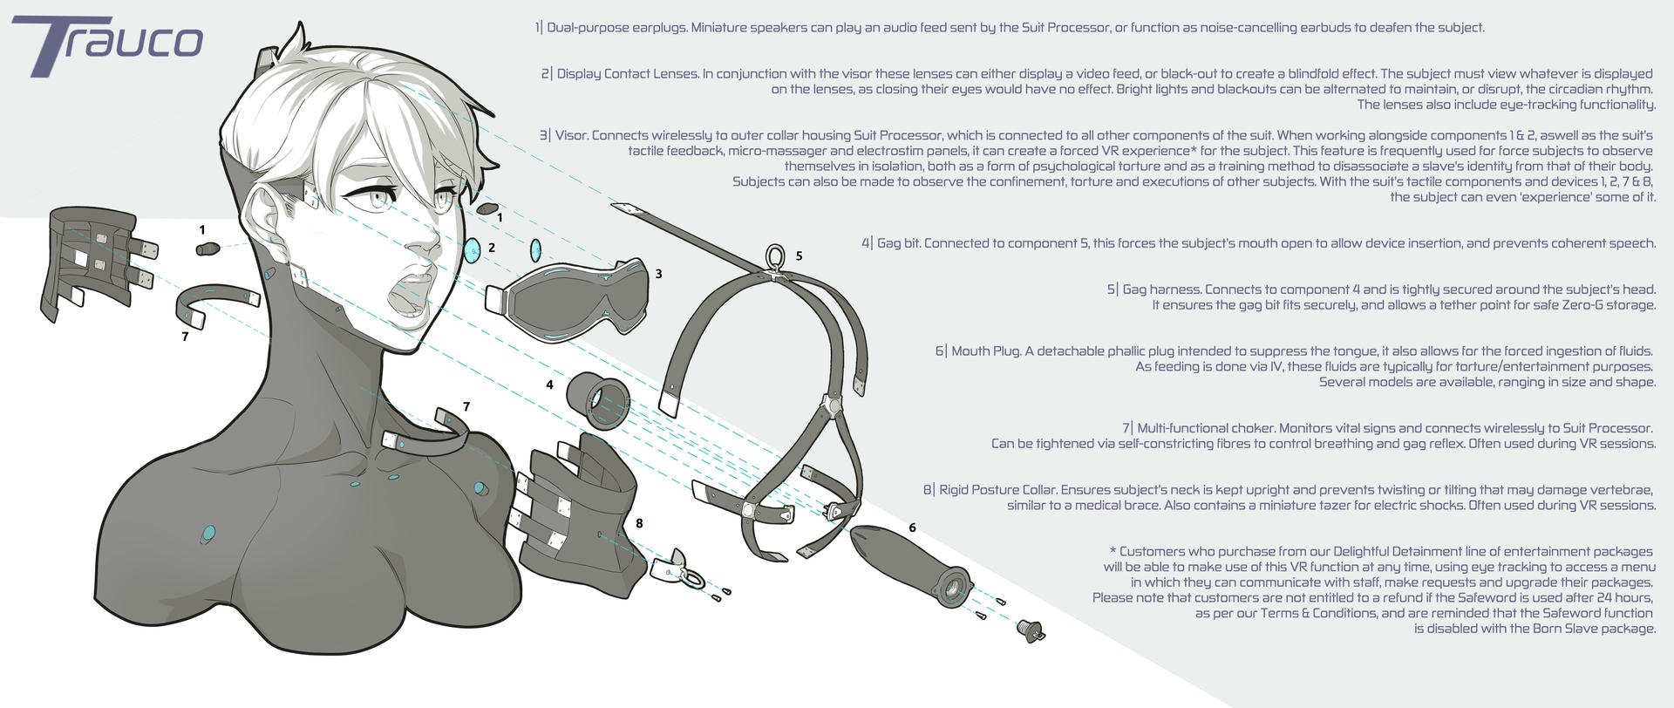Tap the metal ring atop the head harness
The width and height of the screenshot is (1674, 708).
pos(774,256)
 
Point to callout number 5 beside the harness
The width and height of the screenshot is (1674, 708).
pos(799,256)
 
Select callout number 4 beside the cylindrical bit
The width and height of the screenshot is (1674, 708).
pos(549,384)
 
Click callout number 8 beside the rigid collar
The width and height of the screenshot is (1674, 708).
pos(639,523)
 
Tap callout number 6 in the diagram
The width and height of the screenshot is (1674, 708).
pos(912,528)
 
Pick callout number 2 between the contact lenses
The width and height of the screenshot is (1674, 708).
pos(492,248)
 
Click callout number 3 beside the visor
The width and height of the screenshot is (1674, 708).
pos(658,274)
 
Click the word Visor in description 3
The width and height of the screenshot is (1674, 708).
pos(571,135)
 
